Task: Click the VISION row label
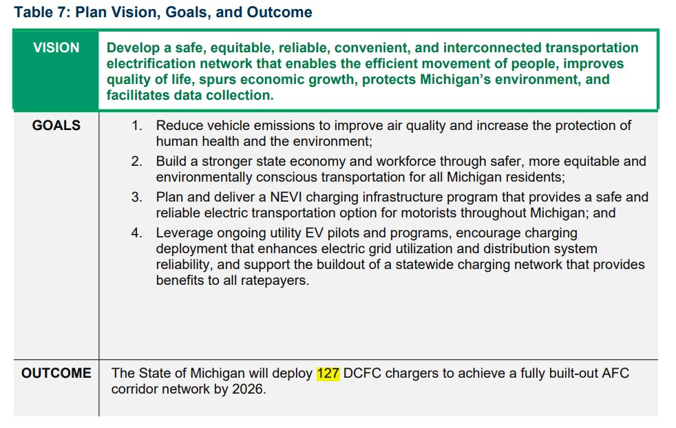[x=56, y=47]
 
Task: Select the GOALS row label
[x=56, y=125]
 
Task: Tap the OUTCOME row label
[x=56, y=373]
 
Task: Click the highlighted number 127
[x=328, y=373]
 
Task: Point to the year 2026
[x=247, y=389]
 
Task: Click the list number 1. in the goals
[x=137, y=125]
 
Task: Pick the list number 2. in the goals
[x=137, y=161]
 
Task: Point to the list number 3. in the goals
[x=137, y=197]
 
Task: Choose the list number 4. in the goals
[x=137, y=233]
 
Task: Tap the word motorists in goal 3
[x=429, y=213]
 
